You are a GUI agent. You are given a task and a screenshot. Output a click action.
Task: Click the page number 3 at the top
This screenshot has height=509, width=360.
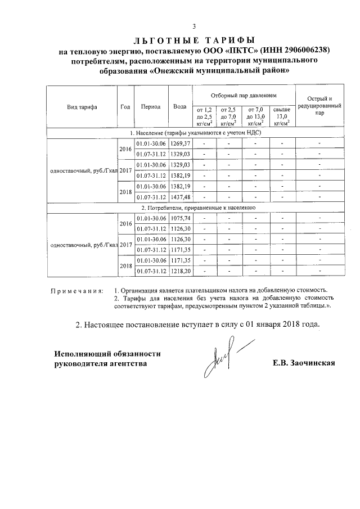194,26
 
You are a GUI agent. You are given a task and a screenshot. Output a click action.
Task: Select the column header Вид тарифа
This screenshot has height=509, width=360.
82,107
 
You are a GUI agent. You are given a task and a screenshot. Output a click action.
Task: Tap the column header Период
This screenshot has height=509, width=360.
151,107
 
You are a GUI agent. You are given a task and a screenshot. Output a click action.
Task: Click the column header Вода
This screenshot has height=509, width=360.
180,107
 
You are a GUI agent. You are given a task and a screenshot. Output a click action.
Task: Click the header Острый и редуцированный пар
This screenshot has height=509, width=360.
319,106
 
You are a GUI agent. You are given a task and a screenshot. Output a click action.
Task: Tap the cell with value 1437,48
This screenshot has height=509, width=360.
181,197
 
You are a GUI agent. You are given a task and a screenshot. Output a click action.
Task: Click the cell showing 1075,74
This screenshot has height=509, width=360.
181,218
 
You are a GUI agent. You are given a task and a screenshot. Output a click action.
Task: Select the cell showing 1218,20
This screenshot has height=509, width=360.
181,271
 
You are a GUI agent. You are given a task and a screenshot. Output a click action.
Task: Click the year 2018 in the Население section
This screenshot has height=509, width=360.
125,192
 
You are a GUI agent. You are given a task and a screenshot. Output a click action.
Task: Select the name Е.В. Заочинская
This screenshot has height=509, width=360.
303,363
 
